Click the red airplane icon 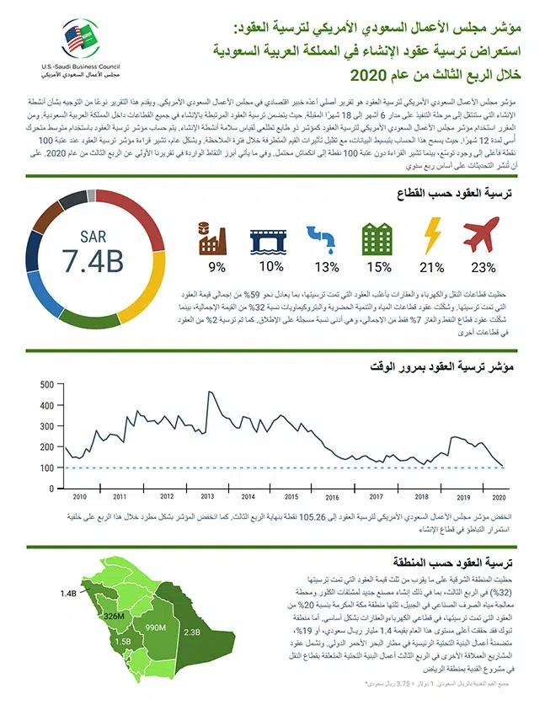coord(483,235)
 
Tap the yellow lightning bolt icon coord(432,235)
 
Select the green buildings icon coord(378,237)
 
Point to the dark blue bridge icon coord(270,237)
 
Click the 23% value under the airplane coord(483,267)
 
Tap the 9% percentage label coord(217,267)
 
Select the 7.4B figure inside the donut coord(93,262)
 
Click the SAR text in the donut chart coord(93,237)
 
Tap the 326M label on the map coord(115,617)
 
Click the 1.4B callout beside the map coord(68,594)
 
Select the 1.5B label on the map coord(122,642)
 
